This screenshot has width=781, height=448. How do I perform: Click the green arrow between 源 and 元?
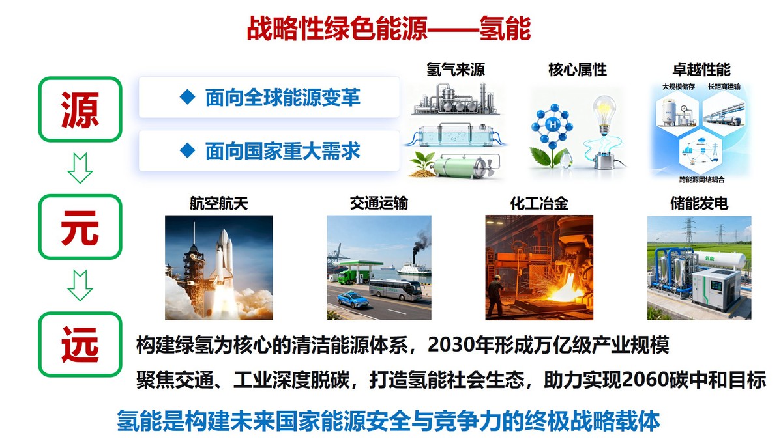coord(80,168)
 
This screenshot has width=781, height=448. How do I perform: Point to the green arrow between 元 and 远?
coord(80,286)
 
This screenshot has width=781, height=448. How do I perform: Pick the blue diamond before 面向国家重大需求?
coord(187,150)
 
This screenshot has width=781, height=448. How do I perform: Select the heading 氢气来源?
coord(455,69)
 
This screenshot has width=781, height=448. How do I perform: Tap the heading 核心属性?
coord(578,69)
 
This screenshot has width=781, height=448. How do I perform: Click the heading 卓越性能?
coord(701,69)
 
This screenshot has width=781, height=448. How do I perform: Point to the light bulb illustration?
coord(604,115)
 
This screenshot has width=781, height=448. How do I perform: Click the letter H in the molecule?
coord(552,125)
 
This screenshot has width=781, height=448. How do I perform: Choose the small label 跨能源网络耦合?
coord(701,179)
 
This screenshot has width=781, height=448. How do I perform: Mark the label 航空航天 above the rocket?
coord(218,203)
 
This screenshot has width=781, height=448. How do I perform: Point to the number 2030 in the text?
coord(447,345)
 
